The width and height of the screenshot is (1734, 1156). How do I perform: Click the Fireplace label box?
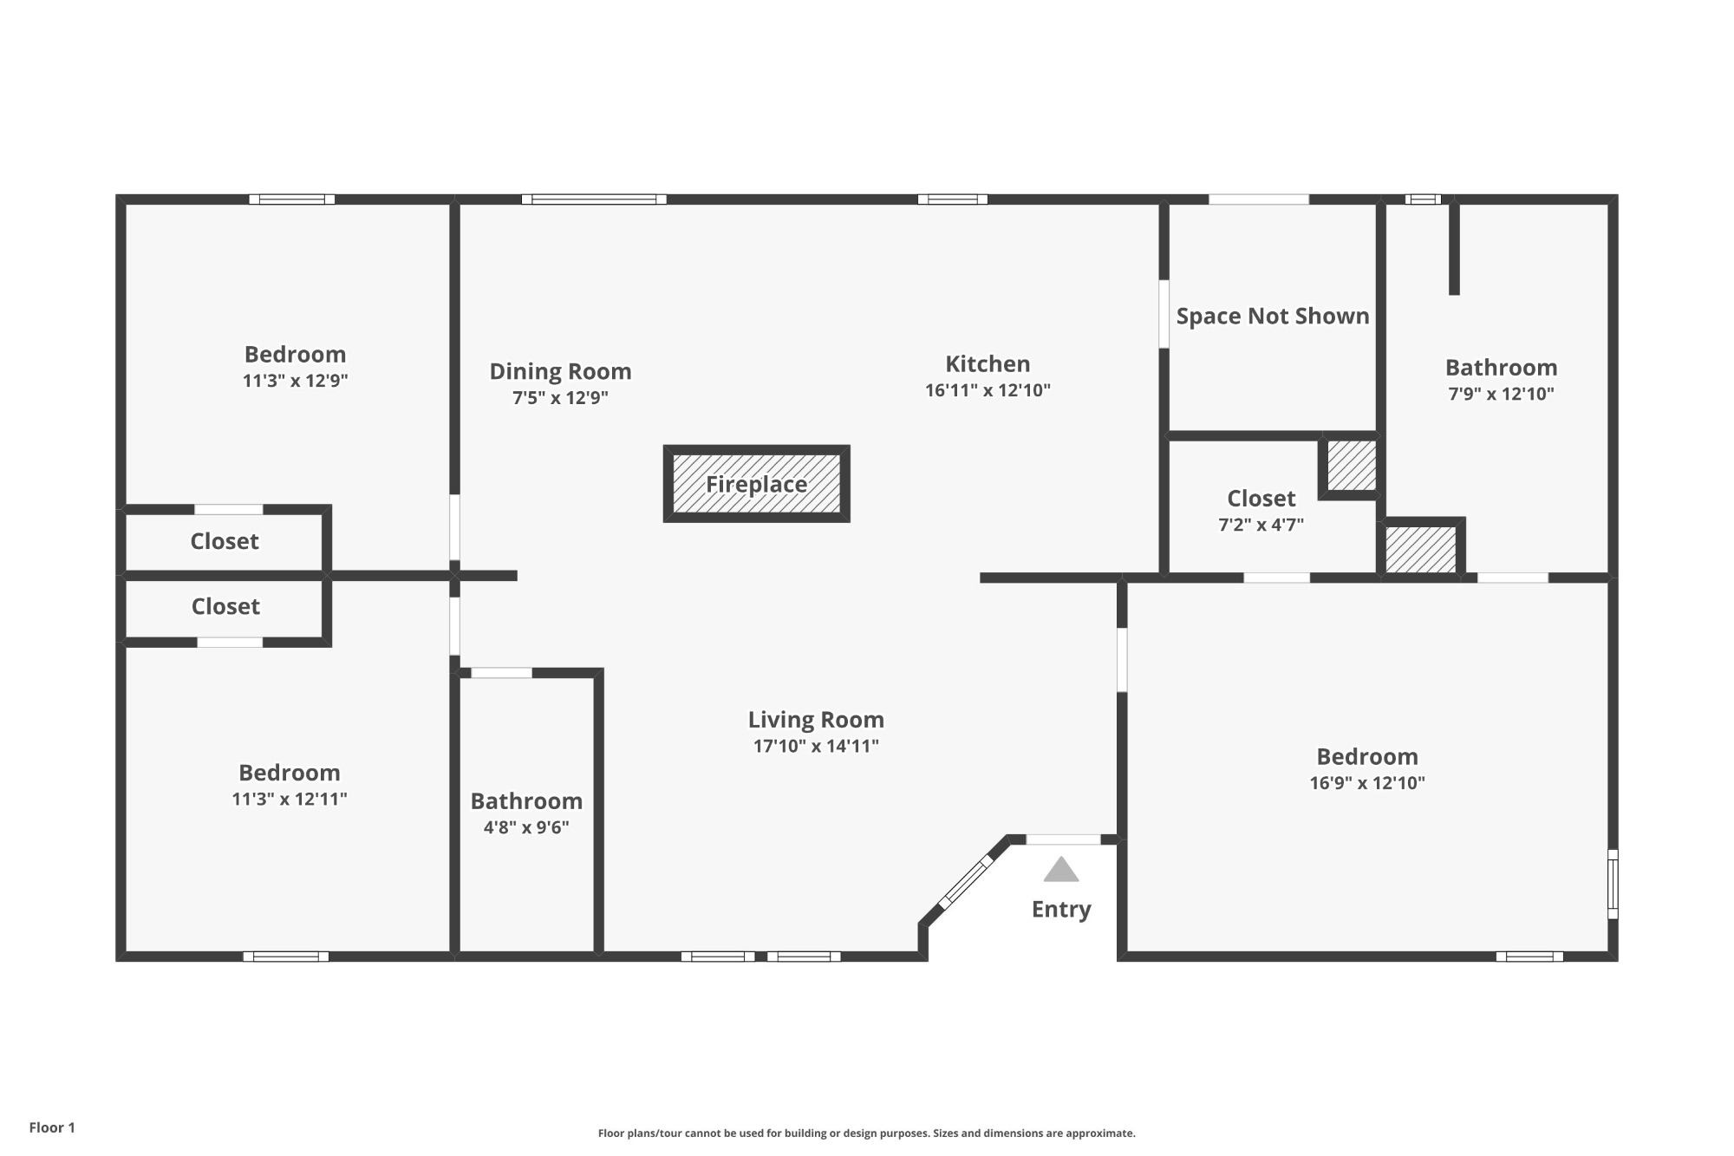tap(756, 484)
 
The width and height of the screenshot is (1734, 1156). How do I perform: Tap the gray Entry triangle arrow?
tap(1061, 869)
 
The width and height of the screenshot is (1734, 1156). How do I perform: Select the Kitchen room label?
tap(988, 363)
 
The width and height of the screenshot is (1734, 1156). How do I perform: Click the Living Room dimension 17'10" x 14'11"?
tap(816, 746)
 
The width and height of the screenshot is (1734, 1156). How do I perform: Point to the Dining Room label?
tap(560, 371)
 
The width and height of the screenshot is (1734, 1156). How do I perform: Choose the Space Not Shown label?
tap(1273, 316)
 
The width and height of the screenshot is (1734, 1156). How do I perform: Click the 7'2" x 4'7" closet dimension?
tap(1261, 525)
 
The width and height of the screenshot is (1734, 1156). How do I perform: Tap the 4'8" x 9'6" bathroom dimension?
tap(526, 827)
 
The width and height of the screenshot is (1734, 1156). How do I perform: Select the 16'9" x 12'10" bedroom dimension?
tap(1367, 783)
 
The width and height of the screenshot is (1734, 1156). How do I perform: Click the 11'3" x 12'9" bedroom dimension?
tap(296, 381)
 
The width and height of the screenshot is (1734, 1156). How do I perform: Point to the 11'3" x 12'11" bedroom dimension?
tap(290, 799)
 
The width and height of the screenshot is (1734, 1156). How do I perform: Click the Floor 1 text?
tap(52, 1127)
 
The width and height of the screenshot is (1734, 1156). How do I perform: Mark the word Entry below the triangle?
tap(1061, 909)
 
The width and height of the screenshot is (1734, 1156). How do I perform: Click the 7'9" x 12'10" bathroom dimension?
tap(1502, 394)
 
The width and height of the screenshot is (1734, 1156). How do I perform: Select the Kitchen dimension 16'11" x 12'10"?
tap(988, 390)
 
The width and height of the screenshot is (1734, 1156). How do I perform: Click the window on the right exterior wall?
tap(1613, 884)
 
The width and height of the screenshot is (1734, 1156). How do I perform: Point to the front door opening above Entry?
tap(1064, 839)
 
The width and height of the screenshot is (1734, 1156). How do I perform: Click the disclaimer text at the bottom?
tap(867, 1133)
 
